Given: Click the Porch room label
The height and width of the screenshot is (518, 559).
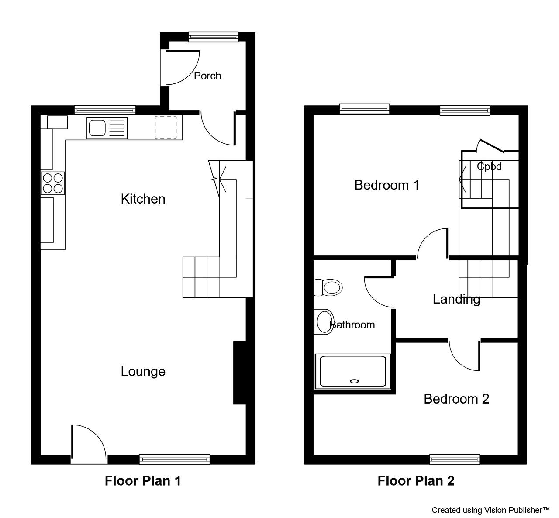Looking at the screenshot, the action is click(x=207, y=76).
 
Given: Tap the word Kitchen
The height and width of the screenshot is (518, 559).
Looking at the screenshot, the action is click(x=143, y=199).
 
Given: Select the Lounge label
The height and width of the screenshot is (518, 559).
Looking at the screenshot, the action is click(x=143, y=372).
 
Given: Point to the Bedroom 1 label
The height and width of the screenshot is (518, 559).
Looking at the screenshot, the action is click(x=387, y=185).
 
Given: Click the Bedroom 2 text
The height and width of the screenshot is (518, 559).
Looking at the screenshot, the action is click(x=456, y=399).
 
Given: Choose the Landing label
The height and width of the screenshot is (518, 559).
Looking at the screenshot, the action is click(x=456, y=300).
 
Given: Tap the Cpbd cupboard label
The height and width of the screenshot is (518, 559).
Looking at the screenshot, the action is click(x=489, y=166).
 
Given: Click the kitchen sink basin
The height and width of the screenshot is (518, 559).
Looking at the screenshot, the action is click(x=97, y=128).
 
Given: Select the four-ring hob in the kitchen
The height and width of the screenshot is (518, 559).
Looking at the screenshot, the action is click(x=53, y=183).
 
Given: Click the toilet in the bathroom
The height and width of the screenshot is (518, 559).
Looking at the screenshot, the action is click(x=328, y=287).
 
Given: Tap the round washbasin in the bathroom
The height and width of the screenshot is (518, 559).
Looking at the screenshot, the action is click(x=324, y=322).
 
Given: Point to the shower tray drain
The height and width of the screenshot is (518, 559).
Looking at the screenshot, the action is click(x=354, y=381).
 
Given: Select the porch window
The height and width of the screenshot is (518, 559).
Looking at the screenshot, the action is click(x=214, y=37).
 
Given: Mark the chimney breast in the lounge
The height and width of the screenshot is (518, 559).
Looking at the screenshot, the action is click(x=240, y=373).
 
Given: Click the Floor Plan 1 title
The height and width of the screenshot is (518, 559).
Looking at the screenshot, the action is click(x=142, y=481).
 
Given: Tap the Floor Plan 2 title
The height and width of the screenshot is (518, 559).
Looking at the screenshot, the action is click(x=416, y=481).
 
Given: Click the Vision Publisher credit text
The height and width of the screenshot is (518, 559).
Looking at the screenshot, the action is click(x=490, y=510).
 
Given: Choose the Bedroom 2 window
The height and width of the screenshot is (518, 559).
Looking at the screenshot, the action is click(x=454, y=459).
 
